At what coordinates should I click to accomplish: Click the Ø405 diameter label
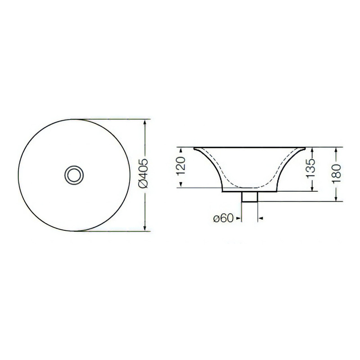click(x=144, y=173)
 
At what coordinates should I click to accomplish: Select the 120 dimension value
click(x=181, y=166)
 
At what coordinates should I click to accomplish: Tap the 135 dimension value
click(x=311, y=168)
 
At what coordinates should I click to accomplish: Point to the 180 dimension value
click(x=336, y=173)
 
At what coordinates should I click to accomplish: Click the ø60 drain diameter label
click(x=223, y=218)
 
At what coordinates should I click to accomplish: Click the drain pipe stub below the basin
click(x=250, y=197)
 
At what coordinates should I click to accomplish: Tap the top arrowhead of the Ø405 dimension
click(x=144, y=122)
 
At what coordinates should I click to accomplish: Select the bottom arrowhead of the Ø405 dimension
click(x=144, y=228)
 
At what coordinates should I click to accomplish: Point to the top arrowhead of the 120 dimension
click(x=181, y=150)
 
